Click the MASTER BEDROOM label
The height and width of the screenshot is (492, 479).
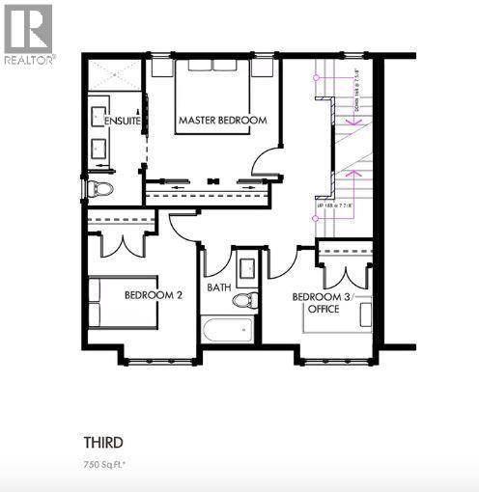tap(222, 121)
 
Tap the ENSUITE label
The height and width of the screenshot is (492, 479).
tap(123, 122)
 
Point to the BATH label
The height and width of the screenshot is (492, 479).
tap(219, 287)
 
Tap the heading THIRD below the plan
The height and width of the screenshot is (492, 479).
tap(102, 443)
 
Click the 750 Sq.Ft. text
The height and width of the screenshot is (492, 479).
tap(105, 465)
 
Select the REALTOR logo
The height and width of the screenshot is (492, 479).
tap(29, 33)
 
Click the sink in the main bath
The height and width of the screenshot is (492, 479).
tap(245, 266)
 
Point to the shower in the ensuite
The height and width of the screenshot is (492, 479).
tap(115, 74)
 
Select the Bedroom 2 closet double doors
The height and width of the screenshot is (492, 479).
tap(123, 243)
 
